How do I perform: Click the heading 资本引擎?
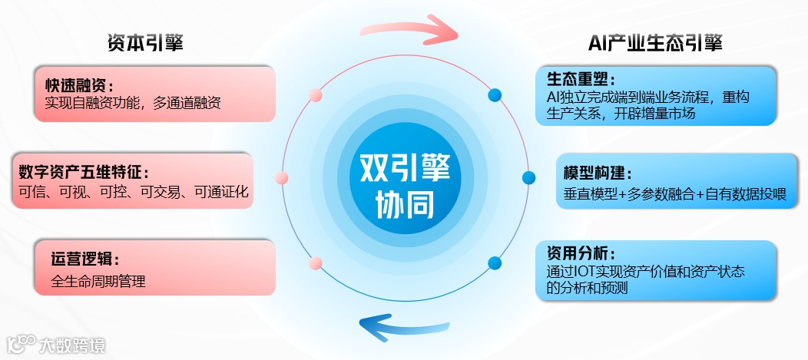point(146,43)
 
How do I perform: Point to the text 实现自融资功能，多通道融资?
point(133,102)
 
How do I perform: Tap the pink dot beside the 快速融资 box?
point(315,96)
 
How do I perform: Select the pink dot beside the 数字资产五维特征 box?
point(282,178)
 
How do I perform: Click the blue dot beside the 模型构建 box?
point(528,178)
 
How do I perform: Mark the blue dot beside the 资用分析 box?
point(495,263)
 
